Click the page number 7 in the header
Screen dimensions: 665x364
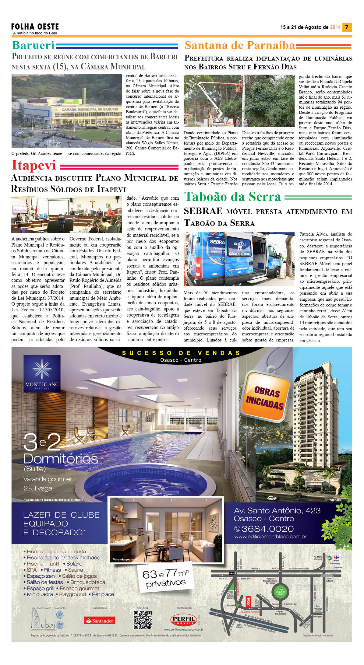click(347, 27)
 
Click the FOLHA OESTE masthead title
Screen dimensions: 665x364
click(35, 27)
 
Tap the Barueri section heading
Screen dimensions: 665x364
click(33, 45)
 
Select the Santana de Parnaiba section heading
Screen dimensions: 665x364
click(240, 45)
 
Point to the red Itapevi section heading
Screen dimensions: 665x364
click(34, 165)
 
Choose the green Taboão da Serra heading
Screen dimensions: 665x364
click(232, 197)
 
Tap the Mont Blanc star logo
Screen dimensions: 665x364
click(42, 369)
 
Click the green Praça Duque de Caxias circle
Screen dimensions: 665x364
click(280, 591)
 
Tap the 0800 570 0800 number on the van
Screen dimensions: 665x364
click(240, 254)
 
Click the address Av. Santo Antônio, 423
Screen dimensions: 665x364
click(277, 510)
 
